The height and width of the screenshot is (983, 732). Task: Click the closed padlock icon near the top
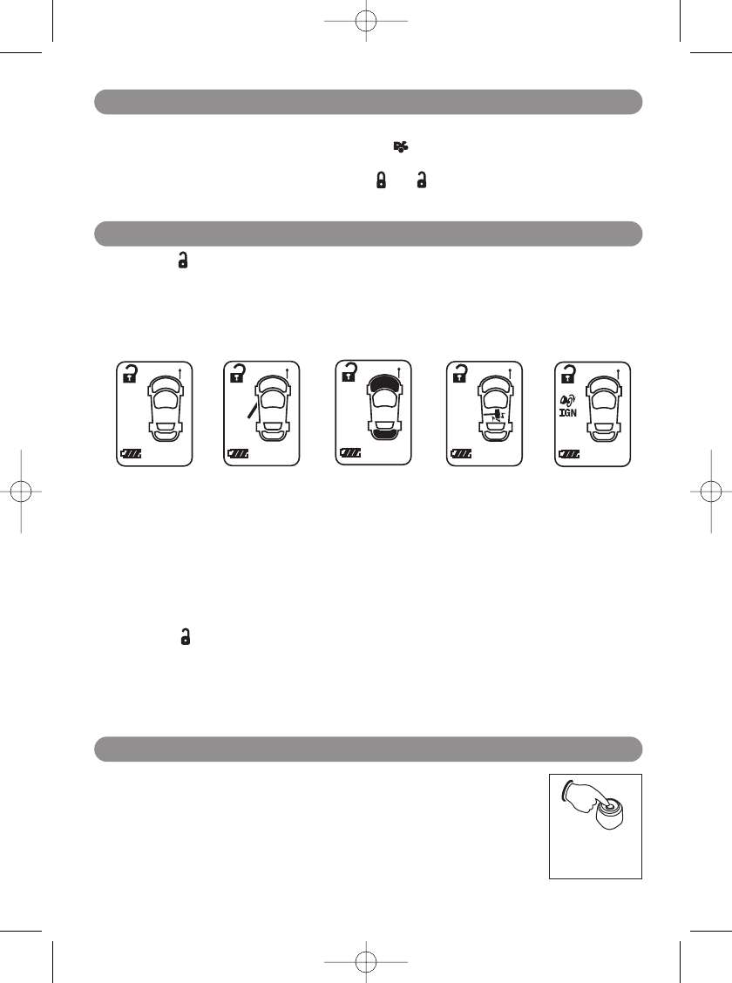click(x=380, y=180)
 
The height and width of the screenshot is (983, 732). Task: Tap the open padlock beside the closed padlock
click(x=422, y=180)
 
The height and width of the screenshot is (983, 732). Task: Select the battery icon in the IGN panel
click(x=568, y=454)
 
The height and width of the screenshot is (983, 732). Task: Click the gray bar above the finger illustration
click(x=368, y=749)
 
